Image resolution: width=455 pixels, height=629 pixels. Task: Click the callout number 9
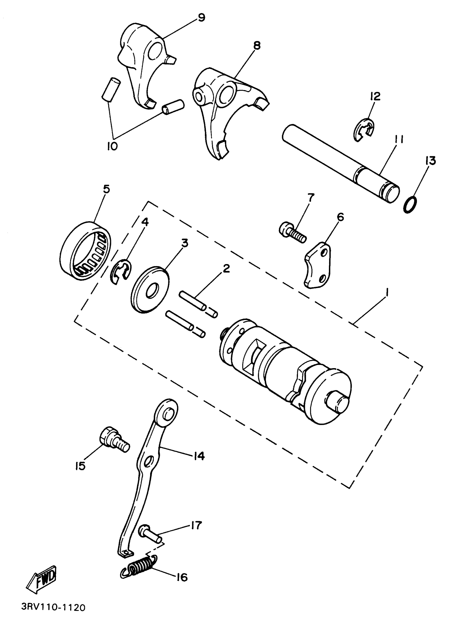click(x=201, y=17)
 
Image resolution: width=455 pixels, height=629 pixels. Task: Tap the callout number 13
click(x=430, y=161)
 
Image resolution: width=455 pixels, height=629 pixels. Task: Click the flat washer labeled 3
click(x=150, y=290)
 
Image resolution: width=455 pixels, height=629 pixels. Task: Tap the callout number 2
click(x=226, y=268)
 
